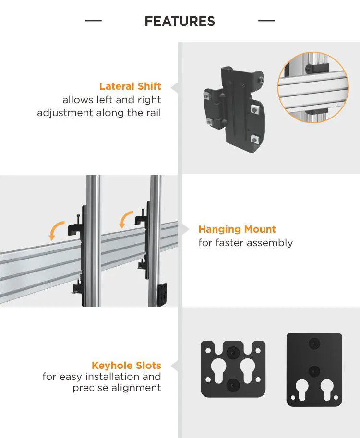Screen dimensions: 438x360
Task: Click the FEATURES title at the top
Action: [x=180, y=21]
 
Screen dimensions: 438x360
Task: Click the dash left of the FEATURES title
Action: [x=93, y=21]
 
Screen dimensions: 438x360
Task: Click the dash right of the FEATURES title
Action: [x=266, y=21]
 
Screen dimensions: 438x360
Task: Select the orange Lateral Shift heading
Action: [x=130, y=86]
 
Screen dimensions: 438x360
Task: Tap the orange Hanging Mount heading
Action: [x=237, y=229]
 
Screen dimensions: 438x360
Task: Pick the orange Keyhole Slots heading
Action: [x=126, y=366]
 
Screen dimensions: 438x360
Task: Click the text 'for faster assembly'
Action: [x=245, y=243]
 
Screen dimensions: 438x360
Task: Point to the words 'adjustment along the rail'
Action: [x=99, y=113]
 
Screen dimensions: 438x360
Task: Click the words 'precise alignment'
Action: [x=117, y=388]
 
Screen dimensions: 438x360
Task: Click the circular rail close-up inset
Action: [x=313, y=88]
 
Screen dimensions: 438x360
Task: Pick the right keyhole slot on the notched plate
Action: [x=249, y=369]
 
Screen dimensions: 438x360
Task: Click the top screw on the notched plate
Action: [x=233, y=352]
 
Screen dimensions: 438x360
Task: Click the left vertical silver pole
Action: [x=93, y=240]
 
